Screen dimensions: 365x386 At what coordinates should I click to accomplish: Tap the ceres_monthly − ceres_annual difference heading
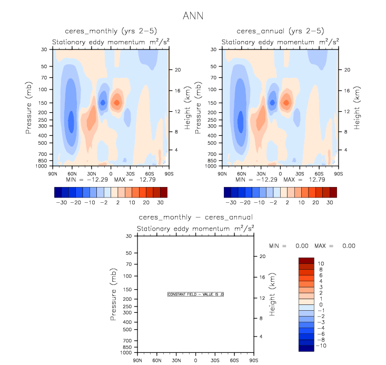(195, 217)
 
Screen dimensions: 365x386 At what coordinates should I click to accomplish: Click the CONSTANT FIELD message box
(196, 294)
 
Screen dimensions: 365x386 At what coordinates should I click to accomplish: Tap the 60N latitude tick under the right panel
(242, 173)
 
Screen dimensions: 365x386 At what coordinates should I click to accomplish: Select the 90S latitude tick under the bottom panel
(253, 360)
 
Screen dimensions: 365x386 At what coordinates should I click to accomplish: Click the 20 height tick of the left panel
(178, 70)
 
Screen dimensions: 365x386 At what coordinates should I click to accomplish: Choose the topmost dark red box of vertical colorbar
(306, 261)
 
